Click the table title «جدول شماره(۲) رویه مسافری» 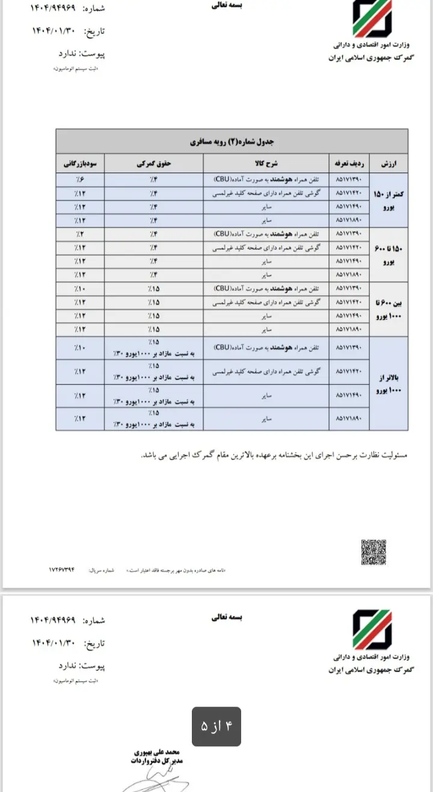click(232, 142)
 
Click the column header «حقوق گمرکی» click(154, 163)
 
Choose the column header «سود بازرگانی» click(81, 163)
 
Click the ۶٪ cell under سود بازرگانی click(81, 179)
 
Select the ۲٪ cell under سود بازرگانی click(81, 234)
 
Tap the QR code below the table click(373, 552)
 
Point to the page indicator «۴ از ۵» click(216, 727)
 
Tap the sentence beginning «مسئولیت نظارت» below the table click(274, 455)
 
